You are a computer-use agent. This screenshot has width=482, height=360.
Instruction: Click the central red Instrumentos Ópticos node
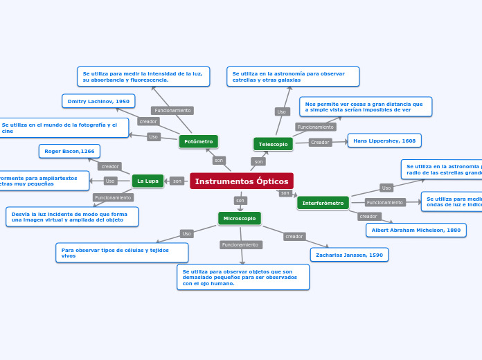(x=241, y=181)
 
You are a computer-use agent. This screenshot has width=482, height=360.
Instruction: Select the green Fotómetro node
(x=199, y=141)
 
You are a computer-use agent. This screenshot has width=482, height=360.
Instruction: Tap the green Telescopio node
(x=273, y=144)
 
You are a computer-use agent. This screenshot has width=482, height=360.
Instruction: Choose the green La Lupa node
(x=148, y=181)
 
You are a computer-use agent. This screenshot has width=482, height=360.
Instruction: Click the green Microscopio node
(x=240, y=218)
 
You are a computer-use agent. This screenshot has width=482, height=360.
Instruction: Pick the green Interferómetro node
(x=323, y=203)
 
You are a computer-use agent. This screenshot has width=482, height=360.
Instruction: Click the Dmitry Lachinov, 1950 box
(x=98, y=101)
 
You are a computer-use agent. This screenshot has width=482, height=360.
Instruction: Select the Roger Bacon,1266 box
(x=69, y=151)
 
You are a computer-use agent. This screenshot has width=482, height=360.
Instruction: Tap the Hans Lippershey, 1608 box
(x=384, y=141)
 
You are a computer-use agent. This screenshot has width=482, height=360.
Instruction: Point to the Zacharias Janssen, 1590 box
(x=349, y=255)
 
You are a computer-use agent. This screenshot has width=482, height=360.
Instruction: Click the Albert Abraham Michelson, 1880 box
(x=416, y=230)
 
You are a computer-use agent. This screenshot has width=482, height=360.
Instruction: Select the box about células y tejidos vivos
(x=122, y=253)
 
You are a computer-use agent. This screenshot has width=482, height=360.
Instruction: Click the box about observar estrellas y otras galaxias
(x=293, y=76)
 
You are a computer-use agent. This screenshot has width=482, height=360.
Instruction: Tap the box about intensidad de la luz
(x=143, y=76)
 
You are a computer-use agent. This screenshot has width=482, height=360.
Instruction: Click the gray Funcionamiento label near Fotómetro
(x=172, y=111)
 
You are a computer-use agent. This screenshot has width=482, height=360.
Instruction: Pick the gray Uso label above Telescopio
(x=281, y=111)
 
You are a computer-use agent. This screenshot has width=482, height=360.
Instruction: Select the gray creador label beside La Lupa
(x=109, y=166)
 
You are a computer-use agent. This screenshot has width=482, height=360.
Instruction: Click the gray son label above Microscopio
(x=240, y=200)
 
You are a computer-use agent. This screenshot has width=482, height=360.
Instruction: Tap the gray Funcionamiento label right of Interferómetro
(x=384, y=202)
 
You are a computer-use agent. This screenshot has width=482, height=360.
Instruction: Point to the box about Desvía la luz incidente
(x=72, y=217)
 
